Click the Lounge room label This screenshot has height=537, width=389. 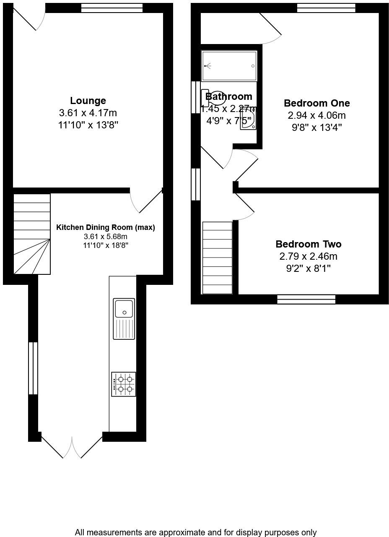tap(88, 101)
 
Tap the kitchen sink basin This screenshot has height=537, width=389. tap(124, 309)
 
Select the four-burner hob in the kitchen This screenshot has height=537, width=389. tap(124, 384)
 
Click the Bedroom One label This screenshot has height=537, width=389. tap(316, 103)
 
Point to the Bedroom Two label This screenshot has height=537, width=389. tap(308, 244)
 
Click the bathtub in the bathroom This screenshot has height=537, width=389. tap(229, 66)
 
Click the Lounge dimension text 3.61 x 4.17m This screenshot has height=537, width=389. tap(88, 113)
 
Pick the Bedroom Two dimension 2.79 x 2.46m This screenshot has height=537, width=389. tap(308, 256)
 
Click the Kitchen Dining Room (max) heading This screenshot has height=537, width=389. tap(106, 228)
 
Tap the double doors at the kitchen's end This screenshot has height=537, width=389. tap(72, 447)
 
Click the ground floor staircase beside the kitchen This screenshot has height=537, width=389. tap(32, 234)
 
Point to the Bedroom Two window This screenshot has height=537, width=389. tap(306, 299)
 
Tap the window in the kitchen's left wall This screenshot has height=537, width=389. tap(33, 368)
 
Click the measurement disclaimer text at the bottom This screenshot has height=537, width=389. tap(196, 532)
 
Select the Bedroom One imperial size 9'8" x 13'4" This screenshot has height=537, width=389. tap(316, 128)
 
